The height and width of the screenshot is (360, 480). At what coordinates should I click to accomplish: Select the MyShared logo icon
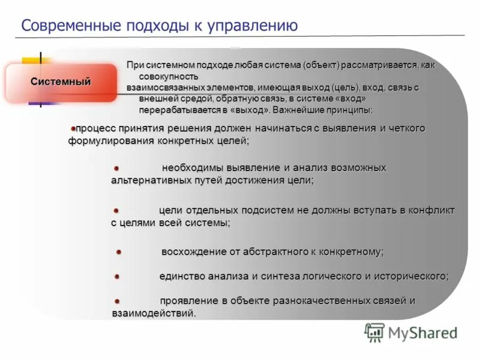pyautogui.click(x=374, y=332)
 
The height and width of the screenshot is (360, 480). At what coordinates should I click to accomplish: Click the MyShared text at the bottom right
pyautogui.click(x=422, y=332)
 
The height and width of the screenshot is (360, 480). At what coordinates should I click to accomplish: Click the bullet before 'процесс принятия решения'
pyautogui.click(x=73, y=128)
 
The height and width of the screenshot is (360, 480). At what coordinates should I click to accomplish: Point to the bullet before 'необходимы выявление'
pyautogui.click(x=118, y=169)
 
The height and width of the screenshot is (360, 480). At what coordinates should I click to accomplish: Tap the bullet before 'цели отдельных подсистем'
pyautogui.click(x=117, y=211)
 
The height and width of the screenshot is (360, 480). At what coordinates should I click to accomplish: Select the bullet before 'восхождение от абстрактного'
pyautogui.click(x=119, y=253)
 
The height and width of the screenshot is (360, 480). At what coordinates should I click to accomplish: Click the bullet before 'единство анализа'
pyautogui.click(x=118, y=277)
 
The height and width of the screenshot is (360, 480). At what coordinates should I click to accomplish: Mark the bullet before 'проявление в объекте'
pyautogui.click(x=118, y=301)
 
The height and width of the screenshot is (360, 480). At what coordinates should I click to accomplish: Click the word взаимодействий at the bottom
pyautogui.click(x=154, y=313)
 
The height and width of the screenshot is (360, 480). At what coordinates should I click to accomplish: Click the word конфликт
pyautogui.click(x=431, y=211)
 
